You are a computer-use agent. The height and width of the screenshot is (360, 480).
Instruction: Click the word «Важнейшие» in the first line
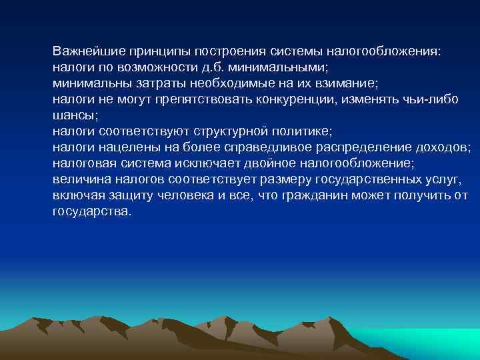85,51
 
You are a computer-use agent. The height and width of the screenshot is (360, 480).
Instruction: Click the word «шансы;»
75,115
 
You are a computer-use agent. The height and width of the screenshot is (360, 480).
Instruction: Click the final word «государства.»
93,211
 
